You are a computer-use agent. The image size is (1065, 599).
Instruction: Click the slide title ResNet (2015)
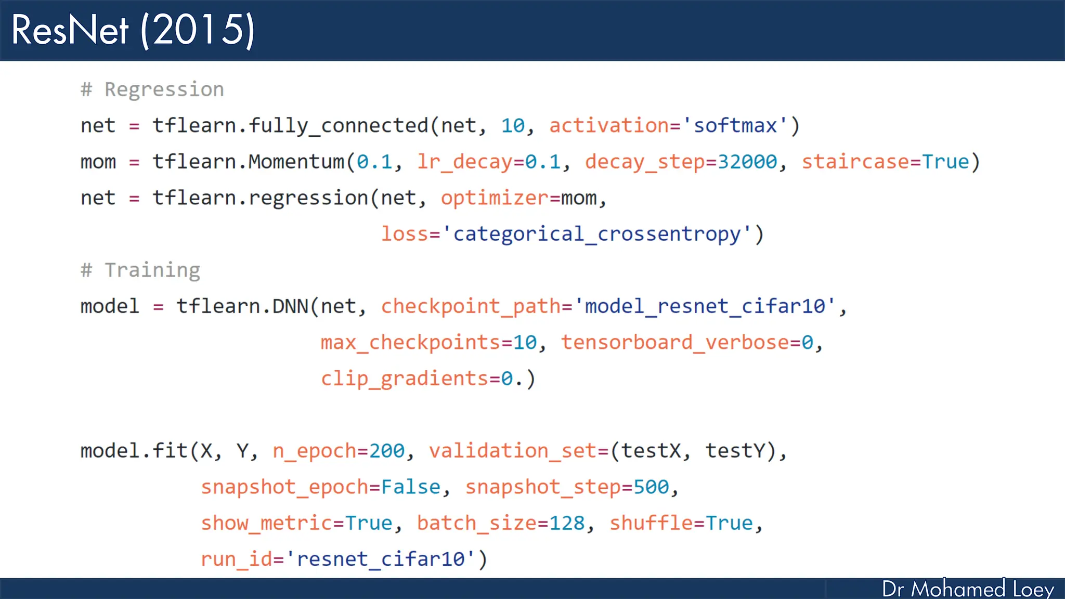pos(133,30)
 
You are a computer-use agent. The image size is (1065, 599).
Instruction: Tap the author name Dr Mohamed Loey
pos(968,589)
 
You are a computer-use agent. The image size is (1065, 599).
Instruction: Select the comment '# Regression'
pos(152,89)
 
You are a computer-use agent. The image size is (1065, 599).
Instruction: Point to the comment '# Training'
pos(140,270)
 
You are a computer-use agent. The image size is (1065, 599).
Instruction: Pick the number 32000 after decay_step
pos(747,162)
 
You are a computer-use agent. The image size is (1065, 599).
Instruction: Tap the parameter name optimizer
pos(494,198)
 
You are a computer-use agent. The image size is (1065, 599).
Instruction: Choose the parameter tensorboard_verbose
pos(674,343)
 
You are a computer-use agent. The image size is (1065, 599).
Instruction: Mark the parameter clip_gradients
pos(404,379)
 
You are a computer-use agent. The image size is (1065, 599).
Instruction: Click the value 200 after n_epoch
pos(387,451)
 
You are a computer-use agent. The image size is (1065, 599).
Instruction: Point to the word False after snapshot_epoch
pos(411,487)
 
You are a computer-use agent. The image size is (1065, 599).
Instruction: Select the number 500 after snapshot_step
pos(651,487)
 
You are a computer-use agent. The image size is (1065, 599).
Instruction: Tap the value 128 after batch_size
pos(567,523)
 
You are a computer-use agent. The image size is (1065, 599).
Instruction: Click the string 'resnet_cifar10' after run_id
pos(385,559)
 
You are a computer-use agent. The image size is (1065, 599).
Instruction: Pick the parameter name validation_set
pos(513,451)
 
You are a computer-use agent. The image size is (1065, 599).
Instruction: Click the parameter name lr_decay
pos(464,162)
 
